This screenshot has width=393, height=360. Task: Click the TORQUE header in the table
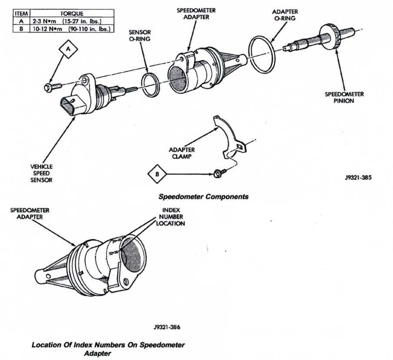pyautogui.click(x=72, y=13)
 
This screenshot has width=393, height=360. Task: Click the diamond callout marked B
pyautogui.click(x=156, y=174)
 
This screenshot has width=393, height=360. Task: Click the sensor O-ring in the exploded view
pyautogui.click(x=150, y=85)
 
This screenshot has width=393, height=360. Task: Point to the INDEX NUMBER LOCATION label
pyautogui.click(x=171, y=218)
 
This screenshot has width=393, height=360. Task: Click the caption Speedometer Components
pyautogui.click(x=203, y=197)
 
